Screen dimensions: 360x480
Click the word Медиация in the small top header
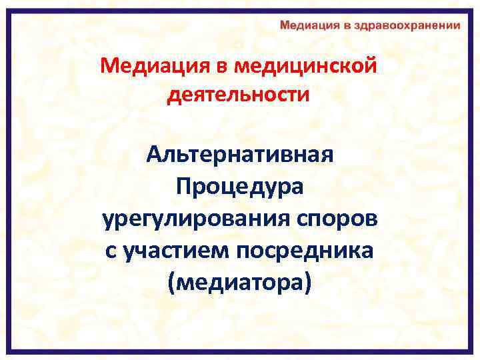point(310,25)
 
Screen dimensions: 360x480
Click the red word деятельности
point(239,95)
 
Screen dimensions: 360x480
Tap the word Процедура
point(239,187)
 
